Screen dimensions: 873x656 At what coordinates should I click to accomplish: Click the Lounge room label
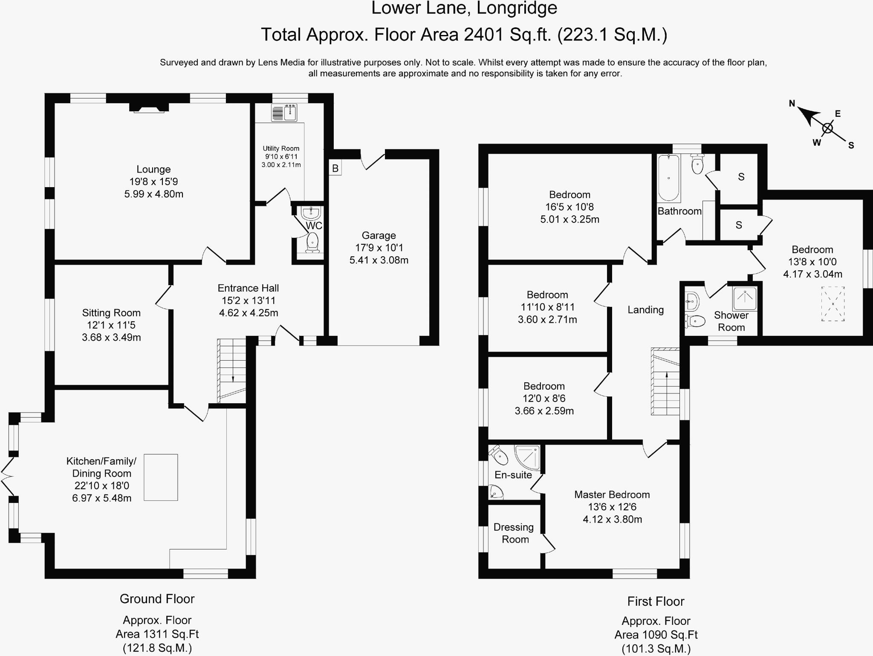[153, 169]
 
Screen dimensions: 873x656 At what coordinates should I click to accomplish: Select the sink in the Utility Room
[284, 113]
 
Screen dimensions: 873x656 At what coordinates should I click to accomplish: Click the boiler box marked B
[335, 168]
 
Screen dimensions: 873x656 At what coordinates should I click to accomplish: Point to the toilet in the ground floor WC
[312, 242]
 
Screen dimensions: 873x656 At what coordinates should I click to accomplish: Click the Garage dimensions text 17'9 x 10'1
[379, 248]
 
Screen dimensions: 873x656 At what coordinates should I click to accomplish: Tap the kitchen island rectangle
[161, 477]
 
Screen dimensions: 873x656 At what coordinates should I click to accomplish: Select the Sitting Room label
[111, 313]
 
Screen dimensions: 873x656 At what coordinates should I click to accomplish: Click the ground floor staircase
[232, 370]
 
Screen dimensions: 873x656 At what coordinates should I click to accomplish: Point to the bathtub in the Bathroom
[668, 178]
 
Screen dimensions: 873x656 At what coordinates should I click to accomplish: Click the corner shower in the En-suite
[527, 457]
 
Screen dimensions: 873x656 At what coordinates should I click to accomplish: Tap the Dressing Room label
[514, 533]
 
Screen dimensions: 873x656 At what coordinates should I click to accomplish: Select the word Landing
[645, 310]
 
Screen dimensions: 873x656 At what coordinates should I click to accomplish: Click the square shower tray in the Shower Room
[745, 298]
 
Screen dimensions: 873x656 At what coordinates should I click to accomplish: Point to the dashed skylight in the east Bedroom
[833, 304]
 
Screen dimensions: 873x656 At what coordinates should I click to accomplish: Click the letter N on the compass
[792, 103]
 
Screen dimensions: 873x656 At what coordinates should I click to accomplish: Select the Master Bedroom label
[612, 494]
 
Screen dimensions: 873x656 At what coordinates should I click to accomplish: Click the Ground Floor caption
[157, 599]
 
